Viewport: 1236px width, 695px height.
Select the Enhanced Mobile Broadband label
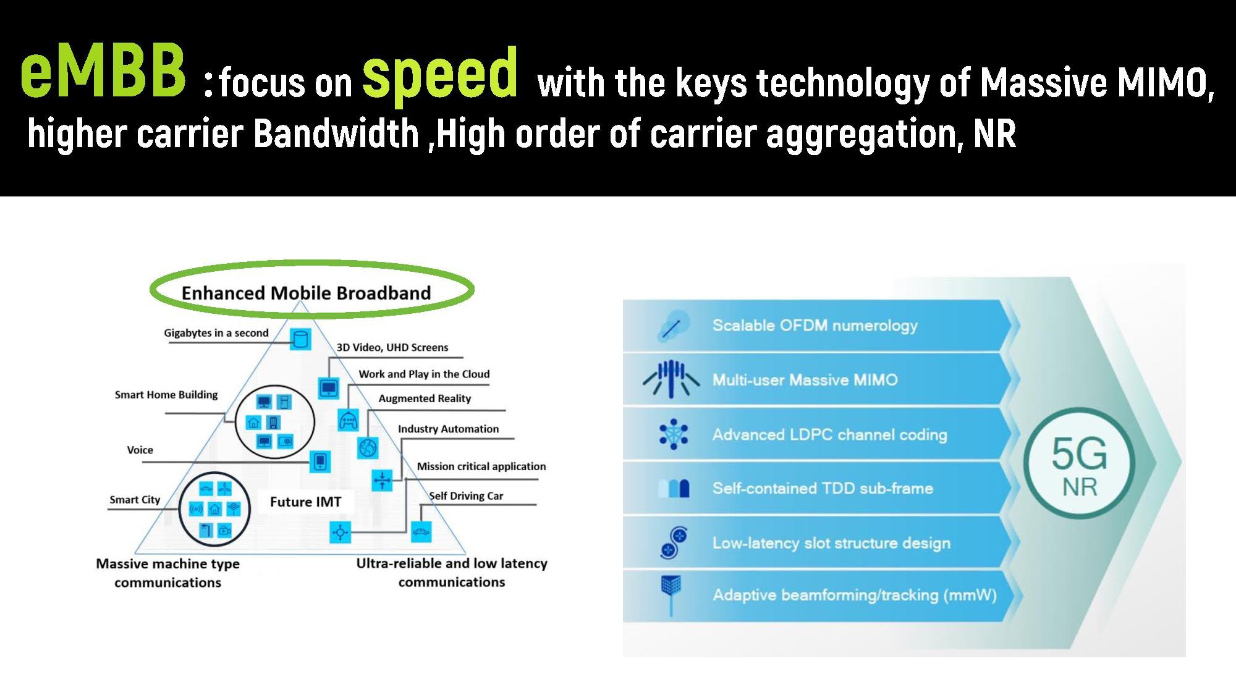(306, 293)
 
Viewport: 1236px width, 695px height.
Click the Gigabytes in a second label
(216, 333)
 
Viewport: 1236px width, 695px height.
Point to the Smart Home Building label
(166, 395)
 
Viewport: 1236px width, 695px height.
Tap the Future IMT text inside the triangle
(305, 502)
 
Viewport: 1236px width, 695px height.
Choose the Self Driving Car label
(466, 495)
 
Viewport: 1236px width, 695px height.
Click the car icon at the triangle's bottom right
(421, 532)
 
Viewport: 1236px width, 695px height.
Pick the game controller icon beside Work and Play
(348, 420)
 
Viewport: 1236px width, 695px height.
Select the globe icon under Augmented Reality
(368, 447)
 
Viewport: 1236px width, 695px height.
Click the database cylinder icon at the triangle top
(300, 339)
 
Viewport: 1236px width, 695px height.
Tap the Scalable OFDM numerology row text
(815, 326)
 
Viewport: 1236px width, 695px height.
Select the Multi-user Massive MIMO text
(805, 379)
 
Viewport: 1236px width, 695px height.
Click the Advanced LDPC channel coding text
(829, 434)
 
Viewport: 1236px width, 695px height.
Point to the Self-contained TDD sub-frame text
(823, 488)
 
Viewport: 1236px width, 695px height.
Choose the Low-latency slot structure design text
(831, 543)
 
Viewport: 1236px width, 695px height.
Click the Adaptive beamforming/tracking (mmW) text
(855, 595)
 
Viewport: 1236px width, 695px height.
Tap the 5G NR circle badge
(1080, 463)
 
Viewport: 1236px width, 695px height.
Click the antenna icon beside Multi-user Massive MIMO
(671, 378)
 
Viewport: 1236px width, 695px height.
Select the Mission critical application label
(481, 466)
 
